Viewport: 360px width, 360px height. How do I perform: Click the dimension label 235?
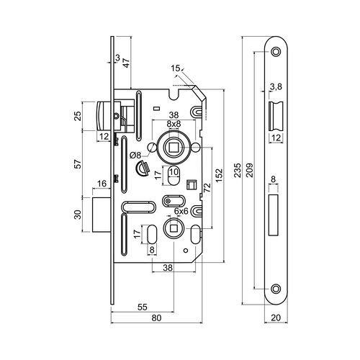click(238, 170)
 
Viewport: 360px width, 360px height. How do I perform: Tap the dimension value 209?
click(250, 170)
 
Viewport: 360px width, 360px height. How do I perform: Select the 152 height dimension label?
click(219, 176)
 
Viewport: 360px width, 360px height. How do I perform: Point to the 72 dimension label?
click(207, 187)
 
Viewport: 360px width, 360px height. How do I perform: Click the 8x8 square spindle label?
click(174, 124)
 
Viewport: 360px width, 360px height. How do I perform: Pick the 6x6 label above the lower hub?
click(181, 211)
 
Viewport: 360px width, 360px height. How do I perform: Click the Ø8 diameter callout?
click(135, 156)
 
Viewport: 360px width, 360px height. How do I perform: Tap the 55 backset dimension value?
click(142, 307)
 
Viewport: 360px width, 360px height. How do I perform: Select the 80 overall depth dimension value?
click(156, 318)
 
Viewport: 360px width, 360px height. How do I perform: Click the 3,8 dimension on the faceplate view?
click(276, 87)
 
